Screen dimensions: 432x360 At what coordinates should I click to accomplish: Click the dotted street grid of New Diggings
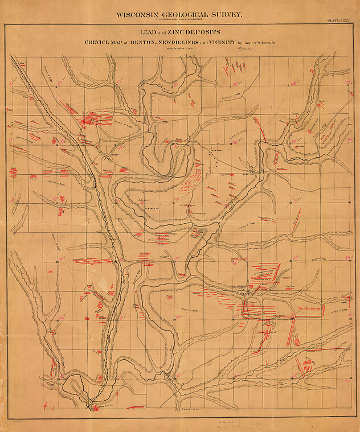[x=249, y=293]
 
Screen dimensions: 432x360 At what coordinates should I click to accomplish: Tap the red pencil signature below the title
[x=244, y=50]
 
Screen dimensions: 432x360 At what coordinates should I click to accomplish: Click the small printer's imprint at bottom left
[x=23, y=419]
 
